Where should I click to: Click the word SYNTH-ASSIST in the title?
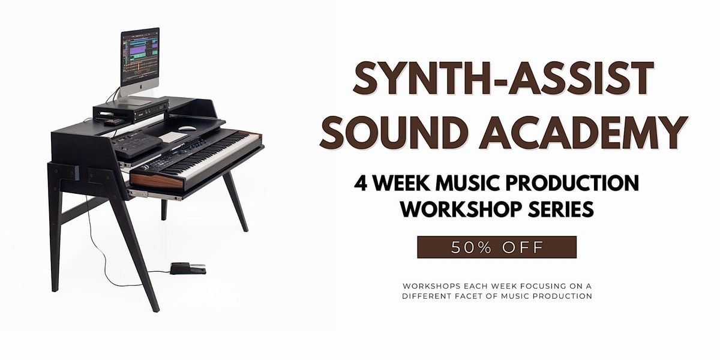502,80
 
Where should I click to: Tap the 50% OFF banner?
497,247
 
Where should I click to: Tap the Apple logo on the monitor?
140,88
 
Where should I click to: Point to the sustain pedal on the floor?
187,268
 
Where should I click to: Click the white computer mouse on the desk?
188,128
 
